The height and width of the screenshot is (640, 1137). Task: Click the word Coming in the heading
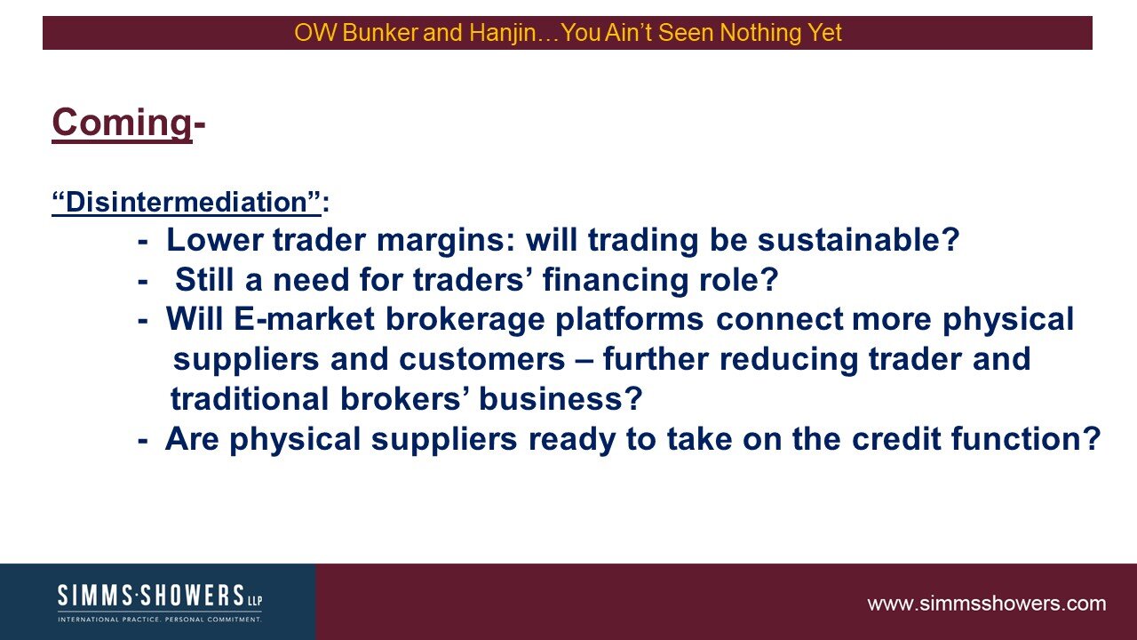122,124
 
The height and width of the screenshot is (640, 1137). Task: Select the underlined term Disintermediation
187,202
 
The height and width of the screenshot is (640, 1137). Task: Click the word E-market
304,319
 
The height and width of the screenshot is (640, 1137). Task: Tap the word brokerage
465,320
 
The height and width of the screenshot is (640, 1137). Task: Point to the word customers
481,359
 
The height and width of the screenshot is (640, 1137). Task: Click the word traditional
250,399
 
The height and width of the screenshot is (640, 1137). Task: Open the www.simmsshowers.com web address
986,604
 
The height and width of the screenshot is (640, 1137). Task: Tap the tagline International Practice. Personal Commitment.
160,620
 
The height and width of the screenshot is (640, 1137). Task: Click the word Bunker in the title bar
380,33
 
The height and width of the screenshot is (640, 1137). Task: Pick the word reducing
788,360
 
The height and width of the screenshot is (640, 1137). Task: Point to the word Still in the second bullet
204,279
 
